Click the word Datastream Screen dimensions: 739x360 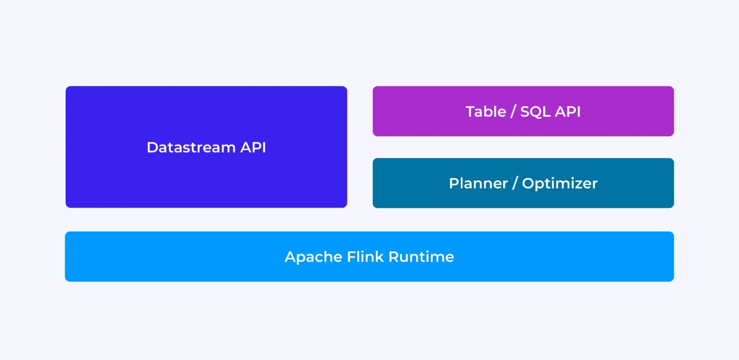pos(191,147)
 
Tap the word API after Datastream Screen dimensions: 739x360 pos(253,147)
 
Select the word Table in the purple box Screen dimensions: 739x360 pos(486,111)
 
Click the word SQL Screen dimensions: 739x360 pos(535,111)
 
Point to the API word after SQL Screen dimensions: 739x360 pos(568,111)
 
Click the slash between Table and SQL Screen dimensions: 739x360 pos(513,111)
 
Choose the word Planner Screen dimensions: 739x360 pos(479,183)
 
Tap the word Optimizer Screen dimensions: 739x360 pos(560,184)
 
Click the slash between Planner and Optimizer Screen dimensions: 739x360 pos(515,184)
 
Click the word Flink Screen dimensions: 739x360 pos(366,257)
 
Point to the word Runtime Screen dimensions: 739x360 pos(421,257)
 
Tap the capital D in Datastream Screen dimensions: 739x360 pos(152,147)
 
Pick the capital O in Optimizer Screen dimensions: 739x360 pos(529,183)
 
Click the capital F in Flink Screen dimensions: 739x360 pos(352,257)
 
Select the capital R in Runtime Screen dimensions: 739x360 pos(394,257)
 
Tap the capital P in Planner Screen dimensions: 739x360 pos(454,183)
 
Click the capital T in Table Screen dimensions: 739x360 pos(470,111)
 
